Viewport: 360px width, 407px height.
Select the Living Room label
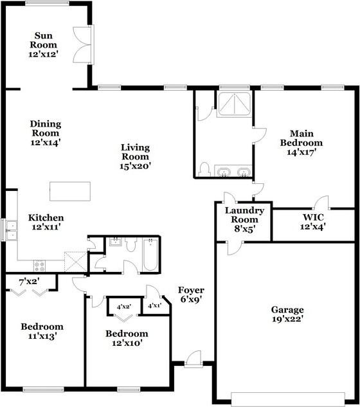coord(135,152)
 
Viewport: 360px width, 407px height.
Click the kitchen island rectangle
coord(71,191)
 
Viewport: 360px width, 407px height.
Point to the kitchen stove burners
coord(39,264)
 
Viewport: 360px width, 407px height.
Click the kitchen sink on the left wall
coord(11,229)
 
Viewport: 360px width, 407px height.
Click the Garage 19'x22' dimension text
coord(287,318)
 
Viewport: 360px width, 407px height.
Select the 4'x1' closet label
coord(155,306)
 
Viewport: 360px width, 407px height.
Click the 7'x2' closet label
coord(30,282)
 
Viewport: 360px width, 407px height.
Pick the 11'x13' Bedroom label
coord(42,330)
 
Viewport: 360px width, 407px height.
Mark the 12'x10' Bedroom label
coord(127,338)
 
